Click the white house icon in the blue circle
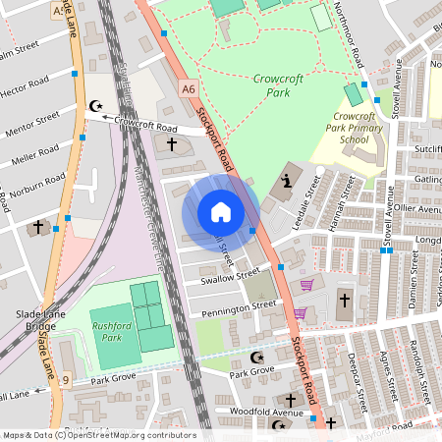(x=221, y=212)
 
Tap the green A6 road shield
(x=189, y=89)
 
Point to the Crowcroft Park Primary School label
(x=351, y=128)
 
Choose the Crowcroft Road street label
(x=145, y=127)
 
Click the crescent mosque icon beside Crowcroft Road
(x=95, y=105)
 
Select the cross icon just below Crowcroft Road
(x=172, y=144)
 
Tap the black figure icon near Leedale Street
(x=286, y=181)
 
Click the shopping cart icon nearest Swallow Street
(x=305, y=285)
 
